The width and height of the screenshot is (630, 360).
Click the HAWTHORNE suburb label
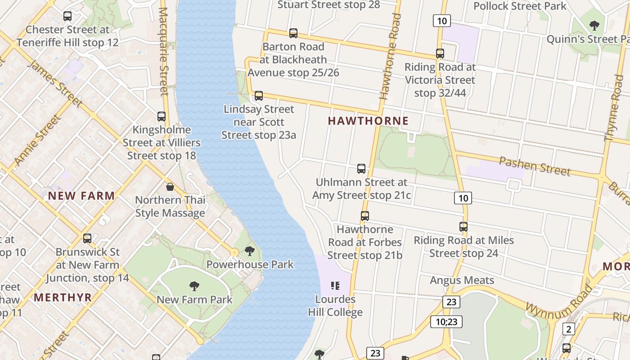368,121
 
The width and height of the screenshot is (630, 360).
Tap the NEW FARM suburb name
81,196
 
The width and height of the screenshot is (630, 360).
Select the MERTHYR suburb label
63,297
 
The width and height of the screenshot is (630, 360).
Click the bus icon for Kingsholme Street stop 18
162,117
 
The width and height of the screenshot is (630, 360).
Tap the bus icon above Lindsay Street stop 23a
259,96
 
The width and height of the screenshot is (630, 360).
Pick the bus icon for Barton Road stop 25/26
293,33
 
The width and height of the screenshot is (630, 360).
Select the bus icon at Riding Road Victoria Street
440,54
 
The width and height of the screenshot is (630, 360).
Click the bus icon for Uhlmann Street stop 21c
361,169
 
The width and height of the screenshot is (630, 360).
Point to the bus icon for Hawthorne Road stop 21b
365,216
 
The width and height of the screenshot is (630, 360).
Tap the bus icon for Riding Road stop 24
463,227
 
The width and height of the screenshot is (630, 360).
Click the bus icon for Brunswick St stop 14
87,238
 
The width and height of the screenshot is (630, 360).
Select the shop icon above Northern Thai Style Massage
170,187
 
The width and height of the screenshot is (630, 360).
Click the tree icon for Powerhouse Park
250,251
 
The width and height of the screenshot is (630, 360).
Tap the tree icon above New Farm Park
194,286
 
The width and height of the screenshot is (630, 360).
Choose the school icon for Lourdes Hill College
335,286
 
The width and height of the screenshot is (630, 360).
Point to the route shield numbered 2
568,329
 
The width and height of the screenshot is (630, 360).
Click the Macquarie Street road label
164,52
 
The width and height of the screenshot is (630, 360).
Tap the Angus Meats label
462,280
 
